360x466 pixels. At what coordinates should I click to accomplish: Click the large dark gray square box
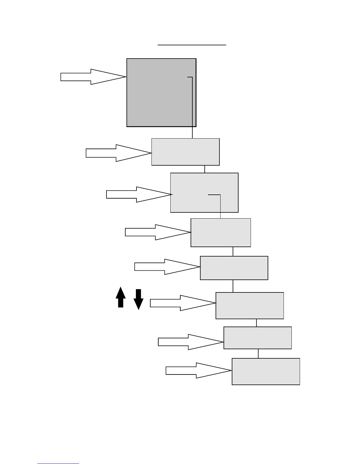click(161, 93)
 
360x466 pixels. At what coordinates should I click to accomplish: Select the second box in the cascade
click(185, 152)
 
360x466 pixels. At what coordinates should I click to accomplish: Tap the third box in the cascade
click(204, 192)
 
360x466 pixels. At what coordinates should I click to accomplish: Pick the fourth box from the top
click(221, 232)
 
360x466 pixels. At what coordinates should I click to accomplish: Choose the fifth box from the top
click(234, 268)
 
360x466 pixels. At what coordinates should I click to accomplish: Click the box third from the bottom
click(249, 305)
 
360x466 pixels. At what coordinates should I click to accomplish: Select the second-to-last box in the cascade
click(257, 338)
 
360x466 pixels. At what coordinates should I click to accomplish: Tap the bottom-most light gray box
click(266, 371)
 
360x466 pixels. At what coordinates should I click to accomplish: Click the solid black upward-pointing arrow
click(121, 298)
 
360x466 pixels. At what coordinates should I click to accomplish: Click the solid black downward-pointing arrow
click(139, 299)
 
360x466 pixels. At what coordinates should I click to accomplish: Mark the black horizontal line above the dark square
click(192, 45)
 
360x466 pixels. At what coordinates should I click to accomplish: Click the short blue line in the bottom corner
click(58, 464)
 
